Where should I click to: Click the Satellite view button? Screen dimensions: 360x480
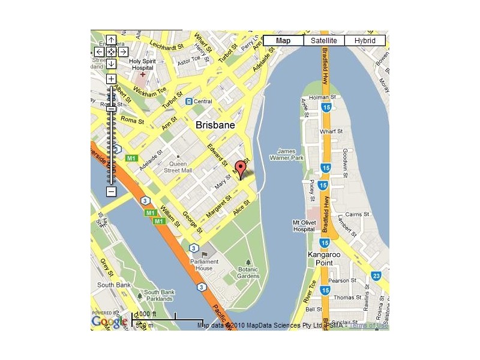click(x=324, y=40)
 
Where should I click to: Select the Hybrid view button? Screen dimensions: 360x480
click(x=365, y=40)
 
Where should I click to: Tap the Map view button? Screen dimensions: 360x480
click(x=283, y=40)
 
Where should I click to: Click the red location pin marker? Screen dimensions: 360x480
click(x=241, y=170)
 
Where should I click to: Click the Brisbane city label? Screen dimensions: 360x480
click(x=215, y=125)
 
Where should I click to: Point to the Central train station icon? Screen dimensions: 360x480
click(x=189, y=101)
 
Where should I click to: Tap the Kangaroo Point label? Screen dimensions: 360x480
click(x=324, y=259)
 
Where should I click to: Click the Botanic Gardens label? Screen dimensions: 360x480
click(x=248, y=272)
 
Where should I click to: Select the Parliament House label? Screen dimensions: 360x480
click(x=201, y=265)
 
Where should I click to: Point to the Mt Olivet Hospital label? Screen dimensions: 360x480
click(x=304, y=226)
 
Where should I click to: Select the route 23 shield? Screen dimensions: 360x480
click(x=376, y=275)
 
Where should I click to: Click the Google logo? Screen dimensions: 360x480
click(x=109, y=322)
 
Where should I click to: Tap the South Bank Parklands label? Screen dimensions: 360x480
click(x=160, y=295)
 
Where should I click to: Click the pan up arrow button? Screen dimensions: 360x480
click(x=111, y=41)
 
